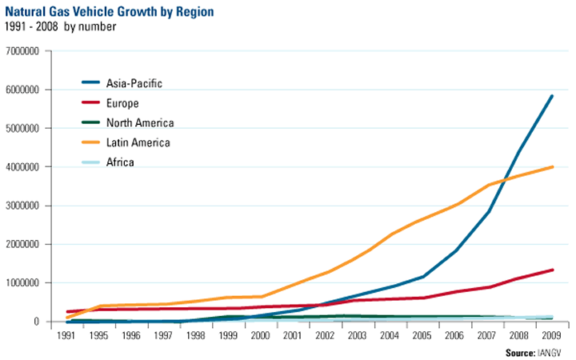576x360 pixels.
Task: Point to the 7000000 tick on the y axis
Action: [x=26, y=51]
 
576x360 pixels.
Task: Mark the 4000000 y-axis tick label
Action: [x=26, y=167]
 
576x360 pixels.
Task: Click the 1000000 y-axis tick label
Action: [x=26, y=283]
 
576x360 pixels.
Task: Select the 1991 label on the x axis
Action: [x=69, y=334]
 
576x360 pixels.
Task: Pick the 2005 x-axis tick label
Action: [x=422, y=334]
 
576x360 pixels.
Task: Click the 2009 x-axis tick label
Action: [x=552, y=334]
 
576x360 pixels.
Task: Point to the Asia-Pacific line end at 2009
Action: [x=552, y=96]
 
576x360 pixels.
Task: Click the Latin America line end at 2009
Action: [x=552, y=166]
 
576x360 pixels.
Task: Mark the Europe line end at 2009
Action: [x=552, y=270]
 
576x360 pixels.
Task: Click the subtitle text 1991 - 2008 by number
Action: [x=60, y=26]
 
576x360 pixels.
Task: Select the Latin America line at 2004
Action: [x=390, y=234]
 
